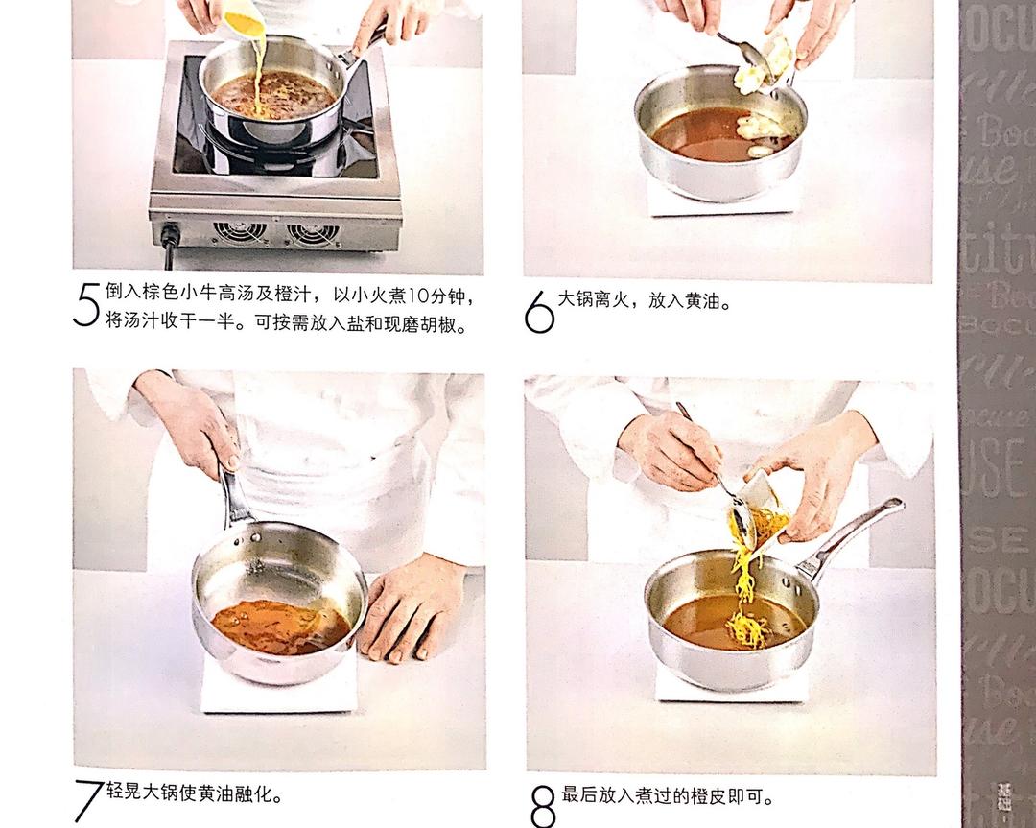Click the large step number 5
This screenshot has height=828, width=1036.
(x=85, y=306)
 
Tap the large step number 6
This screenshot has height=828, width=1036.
(x=539, y=312)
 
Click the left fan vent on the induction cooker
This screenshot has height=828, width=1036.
(x=240, y=232)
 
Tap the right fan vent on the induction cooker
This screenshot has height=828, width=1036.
(x=314, y=233)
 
